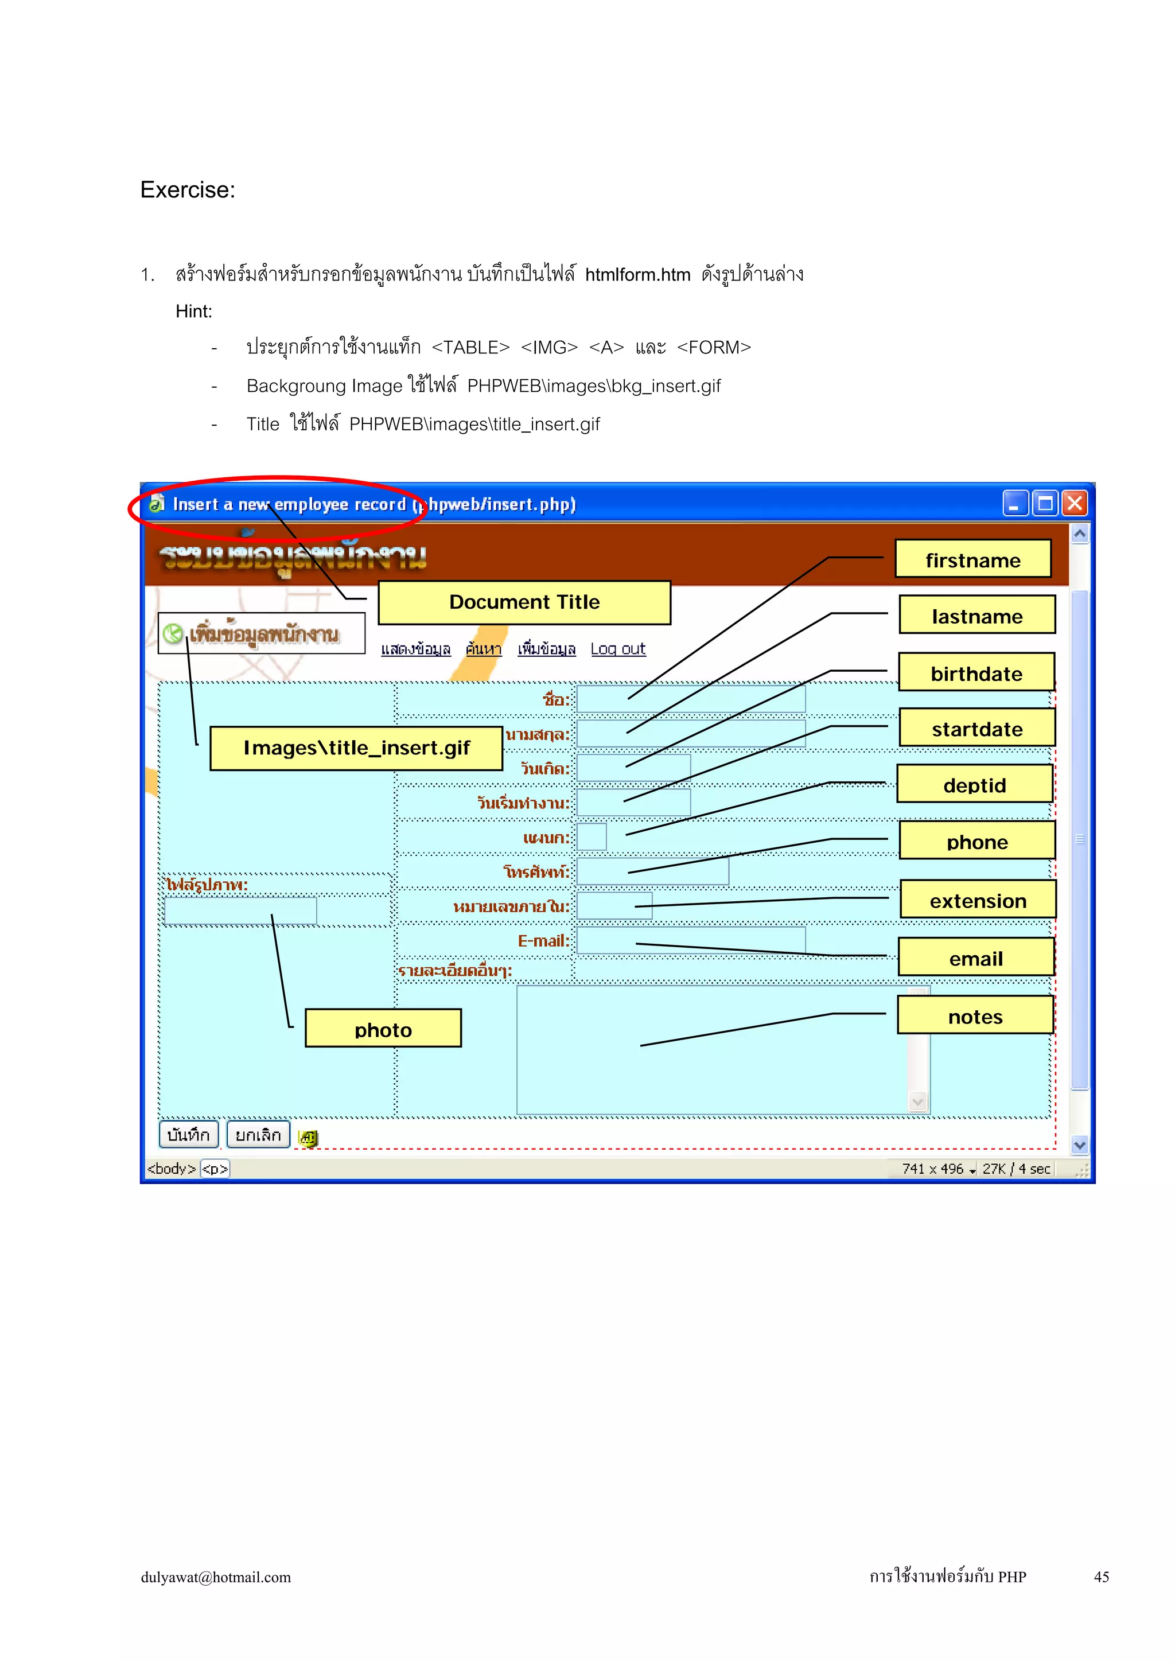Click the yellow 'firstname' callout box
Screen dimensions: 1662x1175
972,559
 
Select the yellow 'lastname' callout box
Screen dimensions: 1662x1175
976,615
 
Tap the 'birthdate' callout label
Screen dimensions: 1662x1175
976,672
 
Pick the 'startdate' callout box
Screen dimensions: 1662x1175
976,728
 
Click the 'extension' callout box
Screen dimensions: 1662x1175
978,900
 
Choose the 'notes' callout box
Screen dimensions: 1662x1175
975,1015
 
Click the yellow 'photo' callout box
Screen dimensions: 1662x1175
383,1029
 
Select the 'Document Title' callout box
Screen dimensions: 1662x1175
524,602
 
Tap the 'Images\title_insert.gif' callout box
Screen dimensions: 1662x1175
356,748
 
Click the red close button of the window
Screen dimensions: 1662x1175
1075,503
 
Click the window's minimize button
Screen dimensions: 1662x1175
1015,503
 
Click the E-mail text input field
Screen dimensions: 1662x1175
691,940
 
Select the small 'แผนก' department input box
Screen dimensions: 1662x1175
592,837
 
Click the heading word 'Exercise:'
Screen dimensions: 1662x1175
188,190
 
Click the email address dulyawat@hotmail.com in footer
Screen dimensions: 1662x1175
216,1577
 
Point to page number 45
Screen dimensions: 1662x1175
1100,1577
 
